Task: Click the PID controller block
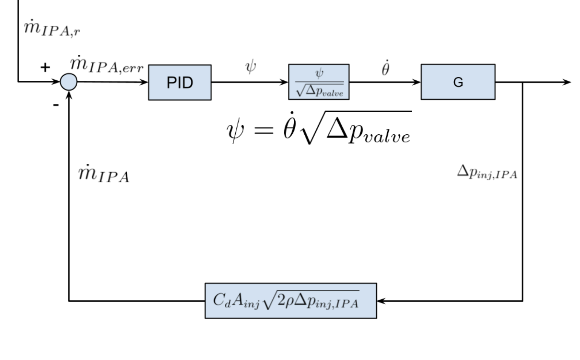click(180, 82)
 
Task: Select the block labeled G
click(458, 82)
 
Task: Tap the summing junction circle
click(69, 82)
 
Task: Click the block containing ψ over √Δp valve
click(319, 82)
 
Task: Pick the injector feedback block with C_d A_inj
click(290, 301)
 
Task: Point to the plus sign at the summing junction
click(45, 68)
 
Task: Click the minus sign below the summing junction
click(56, 105)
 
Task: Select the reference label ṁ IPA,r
click(52, 29)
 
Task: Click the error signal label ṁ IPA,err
click(107, 65)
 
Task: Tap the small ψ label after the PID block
click(250, 66)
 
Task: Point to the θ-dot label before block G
click(385, 69)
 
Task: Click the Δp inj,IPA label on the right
click(487, 172)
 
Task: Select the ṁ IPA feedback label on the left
click(104, 174)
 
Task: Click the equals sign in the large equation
click(264, 130)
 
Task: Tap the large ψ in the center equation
click(235, 131)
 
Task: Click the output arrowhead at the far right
click(567, 82)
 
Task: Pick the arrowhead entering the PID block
click(144, 82)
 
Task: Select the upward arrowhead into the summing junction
click(69, 94)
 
